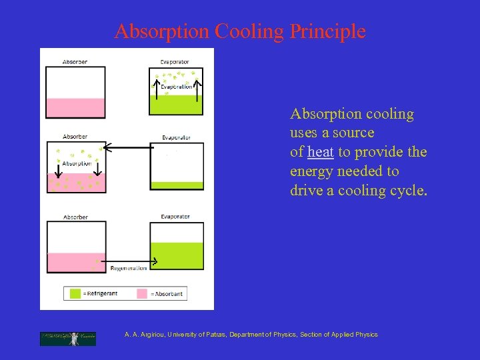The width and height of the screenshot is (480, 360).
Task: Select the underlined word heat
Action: (321, 152)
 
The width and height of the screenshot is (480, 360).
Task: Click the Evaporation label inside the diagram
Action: (176, 87)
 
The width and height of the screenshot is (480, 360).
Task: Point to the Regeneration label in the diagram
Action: (129, 268)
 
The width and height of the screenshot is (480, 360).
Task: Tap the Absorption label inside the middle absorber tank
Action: (77, 163)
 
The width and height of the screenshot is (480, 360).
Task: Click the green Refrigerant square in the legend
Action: (75, 293)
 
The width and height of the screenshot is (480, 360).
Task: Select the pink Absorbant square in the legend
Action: (142, 293)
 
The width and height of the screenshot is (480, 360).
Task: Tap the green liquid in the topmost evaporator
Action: (176, 105)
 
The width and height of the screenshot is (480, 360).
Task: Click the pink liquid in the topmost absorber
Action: (75, 108)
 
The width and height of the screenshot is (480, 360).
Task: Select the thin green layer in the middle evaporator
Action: (177, 185)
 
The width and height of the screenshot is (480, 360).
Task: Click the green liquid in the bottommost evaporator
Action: (177, 256)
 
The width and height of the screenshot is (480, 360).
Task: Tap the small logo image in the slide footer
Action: (67, 339)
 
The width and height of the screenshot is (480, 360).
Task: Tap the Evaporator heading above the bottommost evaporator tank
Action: (175, 217)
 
